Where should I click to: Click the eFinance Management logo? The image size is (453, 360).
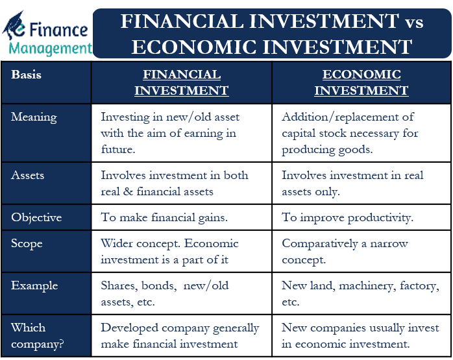pyautogui.click(x=47, y=31)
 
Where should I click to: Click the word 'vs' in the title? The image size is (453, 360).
pyautogui.click(x=411, y=22)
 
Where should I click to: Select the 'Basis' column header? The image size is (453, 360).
pyautogui.click(x=27, y=75)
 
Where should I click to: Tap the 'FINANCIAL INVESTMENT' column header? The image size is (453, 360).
pyautogui.click(x=181, y=82)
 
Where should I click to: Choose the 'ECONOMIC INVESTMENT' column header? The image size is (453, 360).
pyautogui.click(x=361, y=82)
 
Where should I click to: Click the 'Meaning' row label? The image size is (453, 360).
pyautogui.click(x=34, y=117)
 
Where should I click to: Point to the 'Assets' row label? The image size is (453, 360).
pyautogui.click(x=29, y=175)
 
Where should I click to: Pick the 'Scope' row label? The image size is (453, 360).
pyautogui.click(x=27, y=244)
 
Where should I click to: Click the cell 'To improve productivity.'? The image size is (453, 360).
pyautogui.click(x=347, y=217)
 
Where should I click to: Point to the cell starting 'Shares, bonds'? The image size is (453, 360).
pyautogui.click(x=165, y=293)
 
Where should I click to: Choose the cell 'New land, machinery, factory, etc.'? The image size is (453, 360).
pyautogui.click(x=360, y=293)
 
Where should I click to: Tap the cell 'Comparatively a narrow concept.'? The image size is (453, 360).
pyautogui.click(x=345, y=251)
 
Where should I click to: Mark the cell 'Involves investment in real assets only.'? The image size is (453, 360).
pyautogui.click(x=352, y=183)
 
